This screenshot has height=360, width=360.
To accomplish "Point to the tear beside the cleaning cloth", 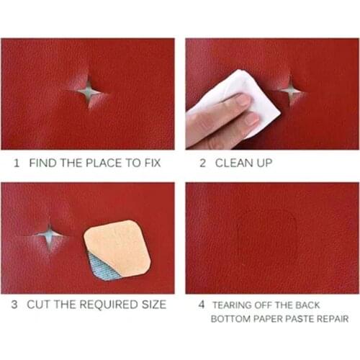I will [x=290, y=90].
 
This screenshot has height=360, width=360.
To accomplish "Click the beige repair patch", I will [x=118, y=246].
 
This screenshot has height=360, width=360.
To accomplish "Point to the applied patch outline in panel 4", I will [x=267, y=238].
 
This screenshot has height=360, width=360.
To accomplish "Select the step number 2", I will [x=202, y=163].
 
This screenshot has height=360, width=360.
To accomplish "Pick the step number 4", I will [x=202, y=304].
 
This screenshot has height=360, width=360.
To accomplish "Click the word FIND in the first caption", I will [x=42, y=163].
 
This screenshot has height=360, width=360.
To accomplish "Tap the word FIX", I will [x=151, y=163].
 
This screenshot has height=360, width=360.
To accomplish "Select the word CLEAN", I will [x=232, y=163].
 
